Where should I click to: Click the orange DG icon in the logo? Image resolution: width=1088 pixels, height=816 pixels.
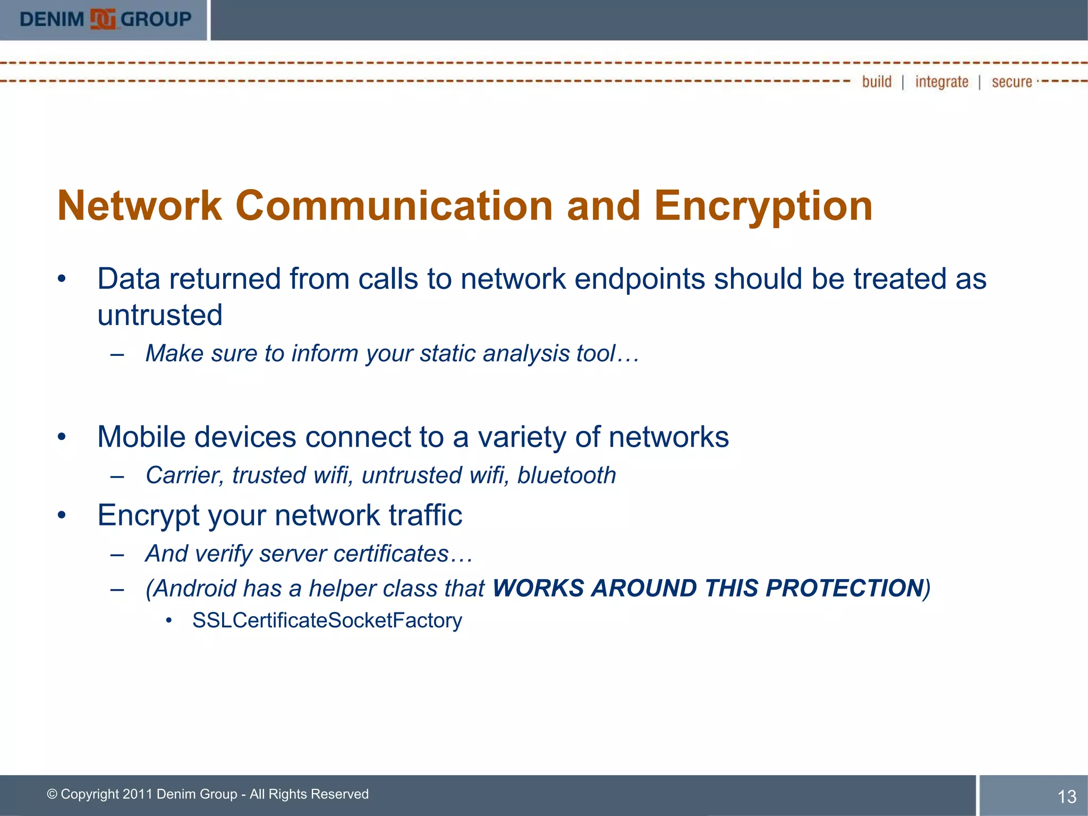coord(103,20)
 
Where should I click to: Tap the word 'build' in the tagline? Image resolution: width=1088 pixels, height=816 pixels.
coord(877,82)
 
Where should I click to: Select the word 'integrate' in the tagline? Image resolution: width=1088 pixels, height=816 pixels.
coord(941,82)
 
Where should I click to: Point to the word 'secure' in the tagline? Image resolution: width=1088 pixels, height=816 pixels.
coord(1011,82)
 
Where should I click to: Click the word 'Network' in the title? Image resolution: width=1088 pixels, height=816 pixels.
coord(139,206)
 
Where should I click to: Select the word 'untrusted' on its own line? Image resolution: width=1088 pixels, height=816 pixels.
coord(160,315)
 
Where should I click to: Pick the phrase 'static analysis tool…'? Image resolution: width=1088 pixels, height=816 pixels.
coord(529,354)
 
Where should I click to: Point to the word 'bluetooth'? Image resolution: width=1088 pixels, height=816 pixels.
coord(566,475)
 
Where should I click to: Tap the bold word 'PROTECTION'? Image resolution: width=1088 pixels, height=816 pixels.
coord(844,588)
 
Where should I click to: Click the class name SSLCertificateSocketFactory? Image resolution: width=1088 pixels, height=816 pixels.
coord(327,620)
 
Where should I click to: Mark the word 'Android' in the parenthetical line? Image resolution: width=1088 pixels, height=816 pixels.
coord(194,589)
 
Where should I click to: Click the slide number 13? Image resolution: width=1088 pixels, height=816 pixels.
coord(1067,796)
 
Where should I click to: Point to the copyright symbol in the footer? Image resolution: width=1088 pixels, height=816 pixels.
coord(52,794)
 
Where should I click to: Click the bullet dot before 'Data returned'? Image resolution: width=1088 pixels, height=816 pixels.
coord(62,279)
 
